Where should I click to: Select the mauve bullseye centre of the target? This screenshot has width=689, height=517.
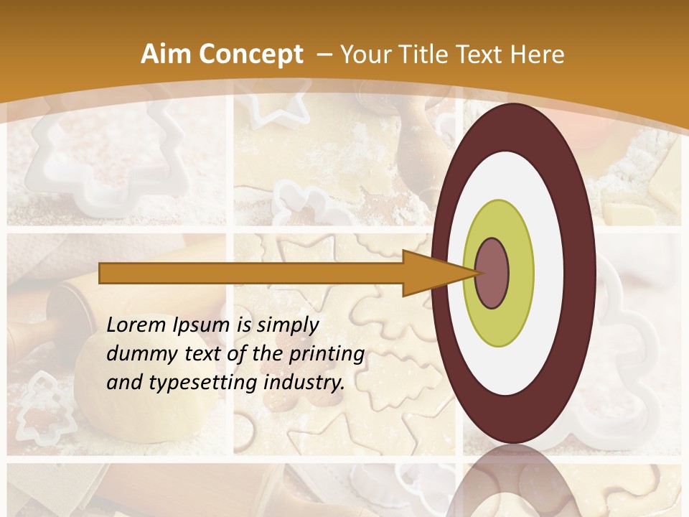492,273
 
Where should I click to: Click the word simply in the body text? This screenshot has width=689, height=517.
287,325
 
